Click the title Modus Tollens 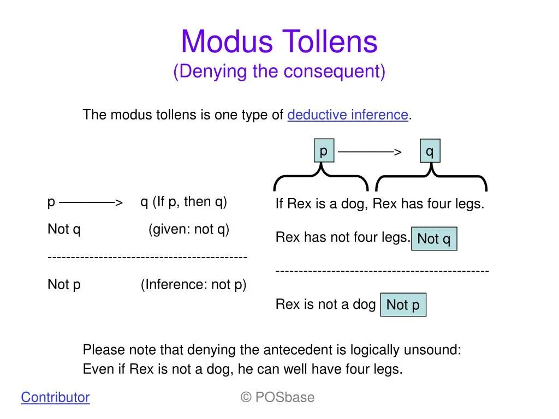click(279, 42)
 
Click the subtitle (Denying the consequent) click(279, 71)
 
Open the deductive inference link click(348, 115)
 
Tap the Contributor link click(55, 397)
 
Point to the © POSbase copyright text click(277, 397)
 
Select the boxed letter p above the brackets click(324, 151)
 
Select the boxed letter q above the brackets click(430, 151)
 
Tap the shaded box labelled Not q click(434, 239)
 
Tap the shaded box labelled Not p click(403, 305)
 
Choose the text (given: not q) click(189, 229)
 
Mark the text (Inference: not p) click(194, 284)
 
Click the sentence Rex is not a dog click(325, 304)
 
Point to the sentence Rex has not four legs click(342, 237)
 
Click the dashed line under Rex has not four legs click(382, 271)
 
